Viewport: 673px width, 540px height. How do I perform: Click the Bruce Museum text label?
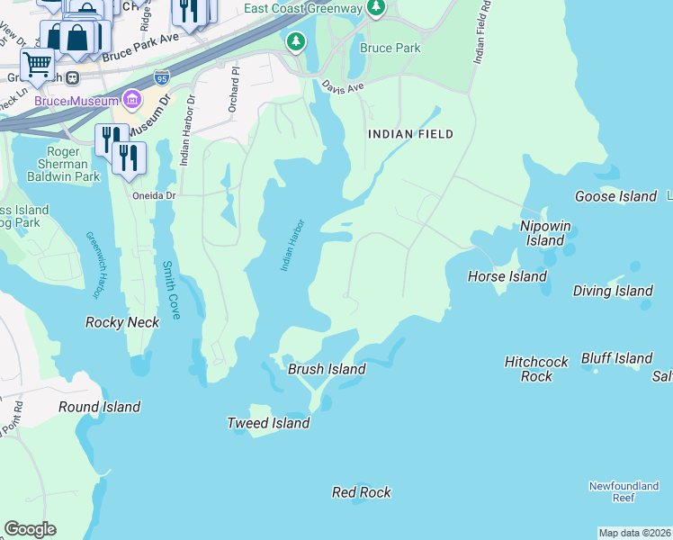[x=76, y=101]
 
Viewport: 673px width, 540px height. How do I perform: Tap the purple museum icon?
[x=133, y=97]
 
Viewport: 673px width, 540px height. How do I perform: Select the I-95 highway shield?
[x=162, y=78]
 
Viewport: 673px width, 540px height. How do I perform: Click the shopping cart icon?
[x=37, y=63]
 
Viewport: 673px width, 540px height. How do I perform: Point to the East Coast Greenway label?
[x=303, y=10]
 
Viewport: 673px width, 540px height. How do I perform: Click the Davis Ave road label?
[x=343, y=88]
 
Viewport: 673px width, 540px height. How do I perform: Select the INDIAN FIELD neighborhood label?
[x=409, y=134]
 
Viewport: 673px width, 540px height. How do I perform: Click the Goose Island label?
[x=615, y=196]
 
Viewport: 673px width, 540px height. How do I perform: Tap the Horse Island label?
[x=507, y=276]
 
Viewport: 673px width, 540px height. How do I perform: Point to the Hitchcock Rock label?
[x=536, y=369]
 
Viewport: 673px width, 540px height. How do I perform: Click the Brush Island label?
[x=327, y=369]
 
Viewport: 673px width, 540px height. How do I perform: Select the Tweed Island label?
[x=268, y=423]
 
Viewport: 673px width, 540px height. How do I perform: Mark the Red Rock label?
[x=361, y=492]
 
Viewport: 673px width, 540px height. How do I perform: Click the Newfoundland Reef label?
[x=624, y=491]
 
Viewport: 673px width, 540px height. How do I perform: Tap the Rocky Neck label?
[x=122, y=322]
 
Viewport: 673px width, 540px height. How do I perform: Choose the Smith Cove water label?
[x=170, y=290]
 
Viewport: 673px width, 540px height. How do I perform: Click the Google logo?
[x=30, y=529]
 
